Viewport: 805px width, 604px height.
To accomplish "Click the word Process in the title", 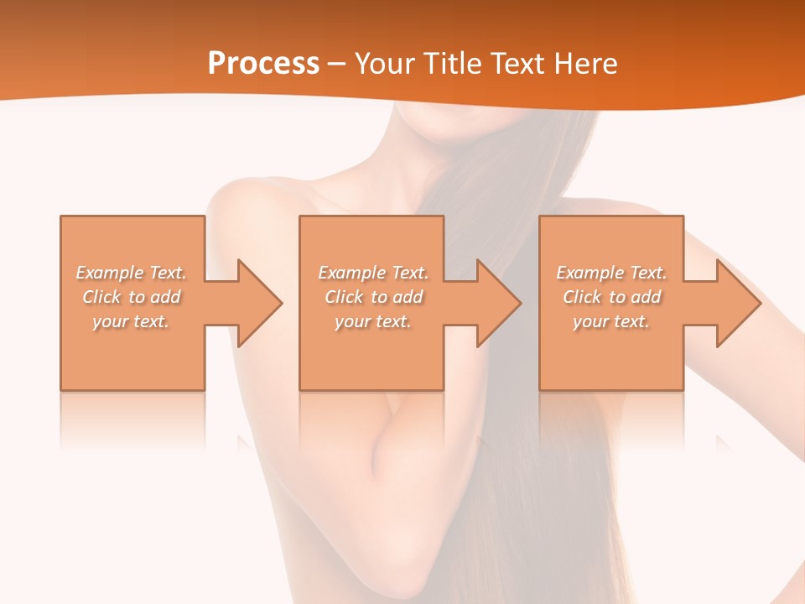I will point(263,64).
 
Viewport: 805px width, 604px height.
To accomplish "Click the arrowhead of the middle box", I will point(498,303).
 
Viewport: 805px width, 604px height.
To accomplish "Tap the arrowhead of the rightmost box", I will point(737,303).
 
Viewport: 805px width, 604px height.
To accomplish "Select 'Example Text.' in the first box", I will point(131,273).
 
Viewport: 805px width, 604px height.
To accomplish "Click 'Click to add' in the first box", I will point(131,297).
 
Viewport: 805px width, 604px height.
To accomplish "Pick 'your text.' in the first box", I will point(131,321).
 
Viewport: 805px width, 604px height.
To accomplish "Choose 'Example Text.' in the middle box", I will point(372,273).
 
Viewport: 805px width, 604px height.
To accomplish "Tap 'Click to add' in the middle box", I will point(372,297).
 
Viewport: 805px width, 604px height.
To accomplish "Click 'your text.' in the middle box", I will point(372,321).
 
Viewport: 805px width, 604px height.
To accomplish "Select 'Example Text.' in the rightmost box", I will point(611,273).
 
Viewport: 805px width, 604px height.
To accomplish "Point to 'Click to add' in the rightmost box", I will point(611,297).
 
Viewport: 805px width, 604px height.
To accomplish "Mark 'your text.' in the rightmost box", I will point(611,321).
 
